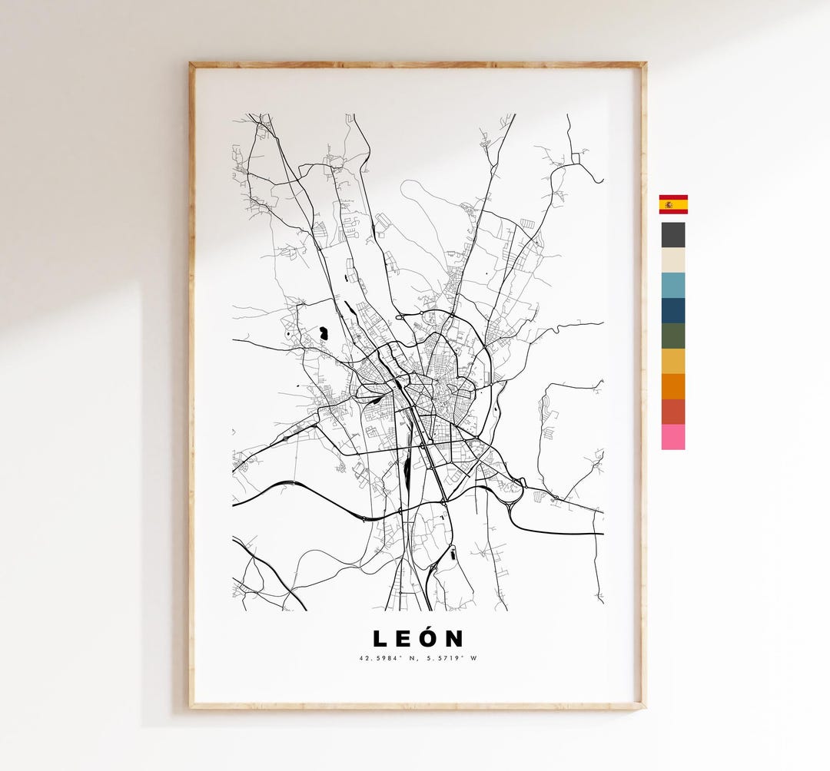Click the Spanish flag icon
click(672, 204)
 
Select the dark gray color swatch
click(672, 235)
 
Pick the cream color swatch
click(672, 260)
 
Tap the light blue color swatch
click(672, 286)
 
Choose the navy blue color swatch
click(672, 311)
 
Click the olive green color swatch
click(672, 336)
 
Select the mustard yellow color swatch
click(672, 361)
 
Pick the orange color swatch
click(672, 386)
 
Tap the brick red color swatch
click(672, 412)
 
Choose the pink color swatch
click(672, 437)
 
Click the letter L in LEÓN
click(380, 639)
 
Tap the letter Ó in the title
click(430, 639)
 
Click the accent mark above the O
click(430, 627)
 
